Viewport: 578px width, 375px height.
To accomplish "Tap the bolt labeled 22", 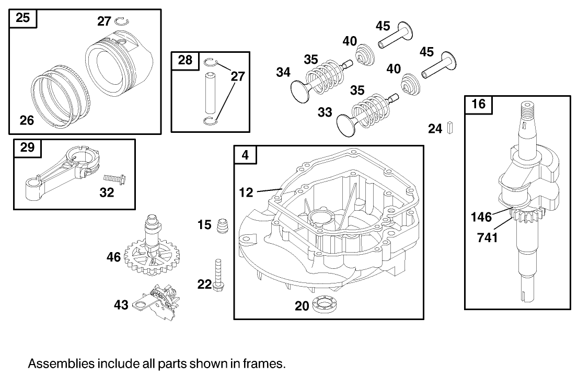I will [218, 276].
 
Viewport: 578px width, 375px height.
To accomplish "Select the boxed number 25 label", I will [22, 18].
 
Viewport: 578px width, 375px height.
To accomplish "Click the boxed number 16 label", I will [478, 104].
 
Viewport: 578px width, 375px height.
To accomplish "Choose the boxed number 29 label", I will [27, 147].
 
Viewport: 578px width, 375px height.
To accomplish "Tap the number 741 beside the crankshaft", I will [487, 238].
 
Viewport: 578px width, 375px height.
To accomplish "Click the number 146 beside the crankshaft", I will [481, 216].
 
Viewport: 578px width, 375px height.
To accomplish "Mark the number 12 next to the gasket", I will [246, 192].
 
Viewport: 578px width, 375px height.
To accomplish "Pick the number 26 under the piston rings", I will [27, 121].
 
